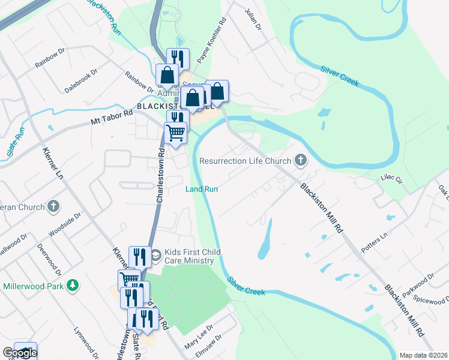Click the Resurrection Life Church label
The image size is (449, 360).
point(245,161)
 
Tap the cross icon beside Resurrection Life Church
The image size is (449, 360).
point(301,161)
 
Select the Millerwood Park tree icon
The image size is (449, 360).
point(73,284)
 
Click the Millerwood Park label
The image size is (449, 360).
point(34,285)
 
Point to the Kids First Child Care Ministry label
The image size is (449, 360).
point(187,256)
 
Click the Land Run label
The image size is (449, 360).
point(201,189)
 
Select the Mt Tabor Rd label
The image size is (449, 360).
point(111,117)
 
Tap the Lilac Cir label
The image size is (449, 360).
point(391,178)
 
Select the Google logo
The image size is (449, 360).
point(20,353)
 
